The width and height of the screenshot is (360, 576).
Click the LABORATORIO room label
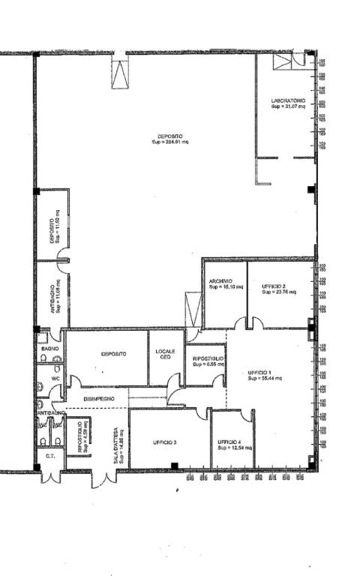coord(288,100)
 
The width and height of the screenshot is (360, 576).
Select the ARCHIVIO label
coord(220,280)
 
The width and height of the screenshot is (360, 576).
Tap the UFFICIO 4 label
coord(229,442)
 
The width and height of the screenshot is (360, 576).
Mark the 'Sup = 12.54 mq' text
coord(231,448)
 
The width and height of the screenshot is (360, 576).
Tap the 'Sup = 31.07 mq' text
coord(288,106)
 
